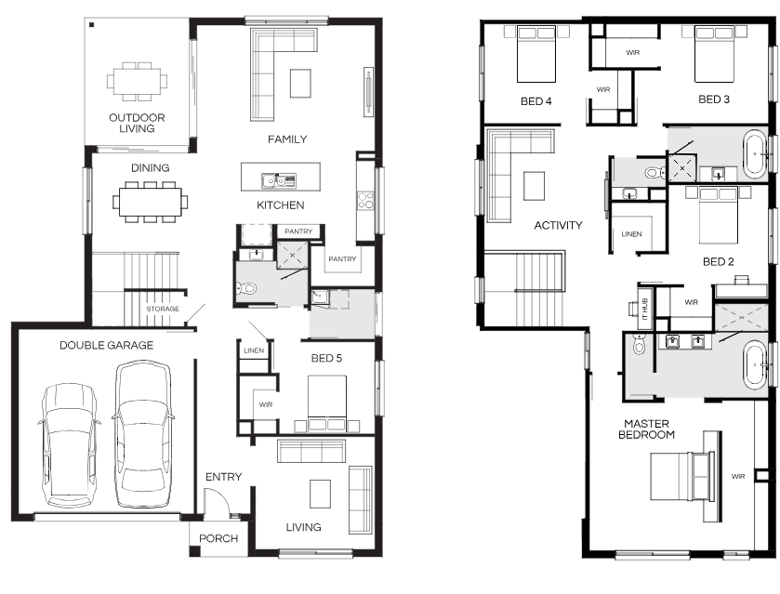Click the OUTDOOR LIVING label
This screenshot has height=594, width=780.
click(x=137, y=123)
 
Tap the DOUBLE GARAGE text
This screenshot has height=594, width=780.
click(x=107, y=345)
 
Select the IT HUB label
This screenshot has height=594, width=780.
click(x=645, y=309)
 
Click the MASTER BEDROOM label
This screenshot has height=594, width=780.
click(x=646, y=429)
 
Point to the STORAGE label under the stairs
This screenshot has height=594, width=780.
click(x=163, y=309)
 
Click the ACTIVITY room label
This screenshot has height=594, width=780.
click(x=558, y=225)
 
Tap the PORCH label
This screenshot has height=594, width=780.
click(x=218, y=538)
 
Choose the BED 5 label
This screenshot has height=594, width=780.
click(x=326, y=358)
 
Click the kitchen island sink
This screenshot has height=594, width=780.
click(x=279, y=180)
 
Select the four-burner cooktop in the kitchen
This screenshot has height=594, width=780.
click(x=365, y=200)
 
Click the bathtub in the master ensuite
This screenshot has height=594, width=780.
click(x=755, y=365)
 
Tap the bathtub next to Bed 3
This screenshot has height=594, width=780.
click(x=755, y=153)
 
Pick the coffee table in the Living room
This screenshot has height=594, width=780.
click(x=321, y=494)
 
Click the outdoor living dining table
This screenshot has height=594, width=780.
click(x=137, y=81)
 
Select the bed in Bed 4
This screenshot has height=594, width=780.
click(x=536, y=54)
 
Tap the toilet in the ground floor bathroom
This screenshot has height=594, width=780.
click(x=245, y=287)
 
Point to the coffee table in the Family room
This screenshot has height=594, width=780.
click(x=301, y=83)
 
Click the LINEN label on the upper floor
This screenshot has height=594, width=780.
click(x=631, y=234)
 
